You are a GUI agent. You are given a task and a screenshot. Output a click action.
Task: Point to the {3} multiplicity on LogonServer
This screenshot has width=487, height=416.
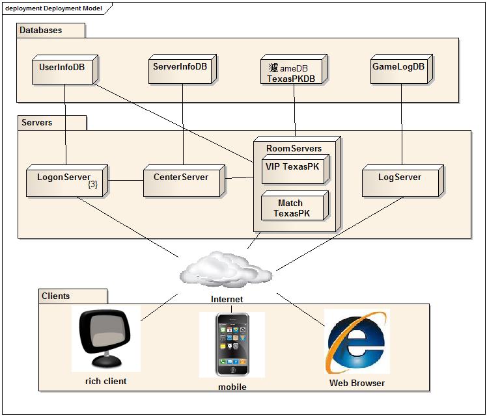(x=92, y=185)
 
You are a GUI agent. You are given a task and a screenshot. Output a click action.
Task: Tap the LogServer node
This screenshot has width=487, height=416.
(x=400, y=179)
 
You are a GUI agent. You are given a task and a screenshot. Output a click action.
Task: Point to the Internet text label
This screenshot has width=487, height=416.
(x=227, y=300)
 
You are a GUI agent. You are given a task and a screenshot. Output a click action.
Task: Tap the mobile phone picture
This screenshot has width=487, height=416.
(x=232, y=344)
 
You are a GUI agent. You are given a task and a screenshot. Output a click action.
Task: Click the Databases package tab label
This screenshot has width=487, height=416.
(x=41, y=31)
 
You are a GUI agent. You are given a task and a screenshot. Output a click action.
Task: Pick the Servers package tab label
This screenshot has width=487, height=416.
(x=37, y=122)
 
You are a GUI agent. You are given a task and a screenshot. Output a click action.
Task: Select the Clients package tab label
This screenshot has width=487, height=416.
(x=56, y=296)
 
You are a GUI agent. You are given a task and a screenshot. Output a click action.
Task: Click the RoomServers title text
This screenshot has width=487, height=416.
(x=294, y=148)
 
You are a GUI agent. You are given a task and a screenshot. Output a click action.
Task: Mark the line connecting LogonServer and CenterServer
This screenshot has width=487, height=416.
(x=126, y=180)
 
